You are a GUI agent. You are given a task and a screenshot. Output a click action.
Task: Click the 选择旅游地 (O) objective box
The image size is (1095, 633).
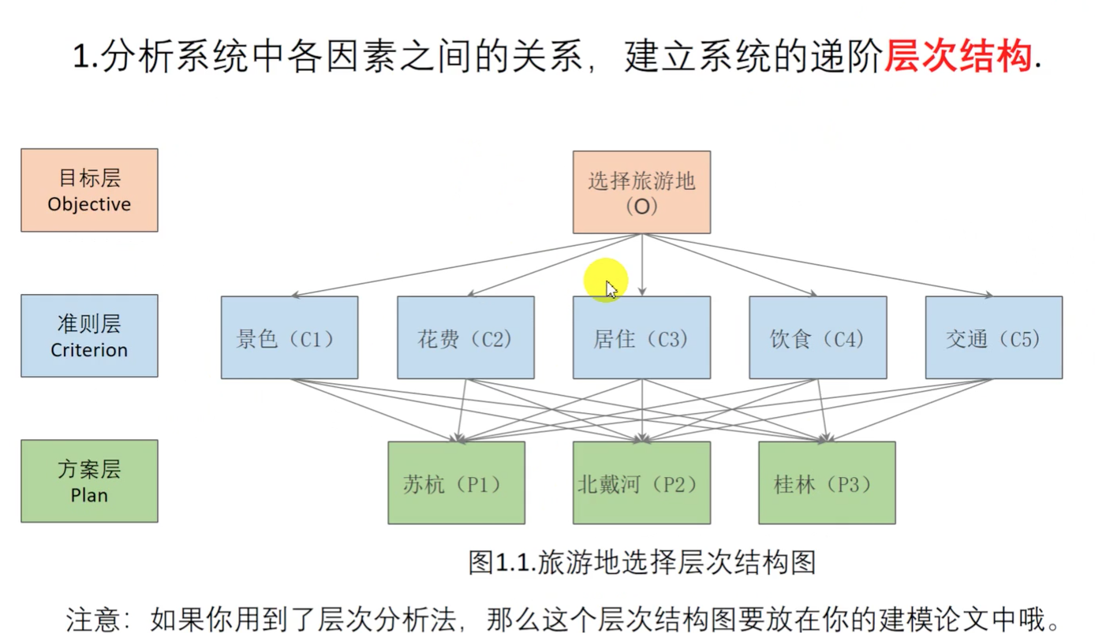(x=641, y=192)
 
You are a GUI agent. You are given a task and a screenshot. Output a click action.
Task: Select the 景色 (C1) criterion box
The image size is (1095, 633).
(x=289, y=337)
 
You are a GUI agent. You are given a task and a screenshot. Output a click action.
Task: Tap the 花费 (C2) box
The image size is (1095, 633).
(x=465, y=337)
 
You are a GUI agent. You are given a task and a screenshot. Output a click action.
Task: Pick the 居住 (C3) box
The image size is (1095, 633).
(x=641, y=337)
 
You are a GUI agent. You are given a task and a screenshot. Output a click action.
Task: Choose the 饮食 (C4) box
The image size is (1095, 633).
(x=817, y=337)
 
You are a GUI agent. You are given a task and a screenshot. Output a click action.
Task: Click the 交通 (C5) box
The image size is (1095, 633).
(x=993, y=337)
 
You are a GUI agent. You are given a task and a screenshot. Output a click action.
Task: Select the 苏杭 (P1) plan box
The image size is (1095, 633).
(x=456, y=482)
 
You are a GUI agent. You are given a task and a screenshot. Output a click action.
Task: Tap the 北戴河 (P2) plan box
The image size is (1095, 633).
(x=641, y=482)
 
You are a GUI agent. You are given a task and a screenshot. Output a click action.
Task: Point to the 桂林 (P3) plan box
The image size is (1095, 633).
(x=827, y=482)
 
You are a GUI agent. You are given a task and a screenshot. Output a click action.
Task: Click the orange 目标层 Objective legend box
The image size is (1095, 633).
(x=89, y=190)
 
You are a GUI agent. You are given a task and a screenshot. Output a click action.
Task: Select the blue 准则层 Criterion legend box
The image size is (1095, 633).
(x=89, y=336)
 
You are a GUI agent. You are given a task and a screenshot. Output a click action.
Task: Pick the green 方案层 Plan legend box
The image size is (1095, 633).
(x=89, y=481)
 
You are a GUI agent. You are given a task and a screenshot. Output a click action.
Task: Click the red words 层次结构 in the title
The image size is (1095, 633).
(x=957, y=57)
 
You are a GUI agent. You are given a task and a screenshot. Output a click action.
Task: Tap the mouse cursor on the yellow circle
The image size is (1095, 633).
(x=611, y=289)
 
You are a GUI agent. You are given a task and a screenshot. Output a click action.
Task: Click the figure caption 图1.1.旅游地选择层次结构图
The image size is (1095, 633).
(x=641, y=562)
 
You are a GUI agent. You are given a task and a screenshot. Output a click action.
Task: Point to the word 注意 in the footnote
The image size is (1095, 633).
(x=92, y=618)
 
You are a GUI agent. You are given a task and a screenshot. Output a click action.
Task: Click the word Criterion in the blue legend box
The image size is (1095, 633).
(x=89, y=350)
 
